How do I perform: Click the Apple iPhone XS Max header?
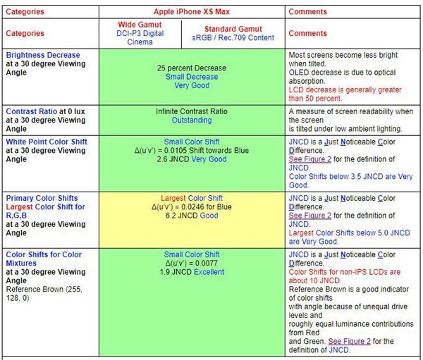tap(192, 12)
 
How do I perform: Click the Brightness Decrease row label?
tap(43, 55)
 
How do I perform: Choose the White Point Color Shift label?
tap(47, 142)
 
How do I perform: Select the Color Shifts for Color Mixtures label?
tap(44, 254)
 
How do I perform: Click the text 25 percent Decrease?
tap(192, 68)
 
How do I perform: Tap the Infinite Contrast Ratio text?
tap(192, 111)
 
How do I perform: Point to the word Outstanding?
tap(192, 120)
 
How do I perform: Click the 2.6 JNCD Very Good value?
tap(192, 160)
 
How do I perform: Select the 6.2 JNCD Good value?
tap(192, 216)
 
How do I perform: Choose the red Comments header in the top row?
tap(308, 12)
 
